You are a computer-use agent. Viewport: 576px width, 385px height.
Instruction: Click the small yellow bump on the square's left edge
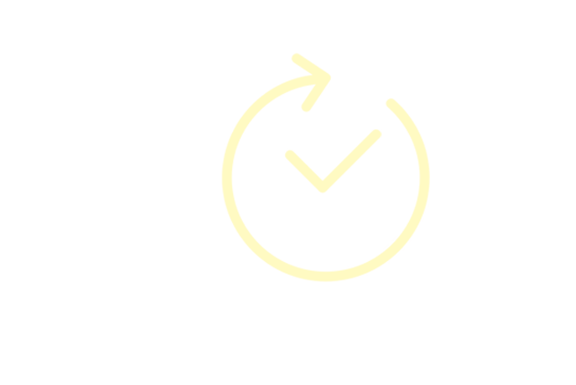coord(222,175)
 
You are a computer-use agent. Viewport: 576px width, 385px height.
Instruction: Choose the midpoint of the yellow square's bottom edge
coord(326,282)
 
